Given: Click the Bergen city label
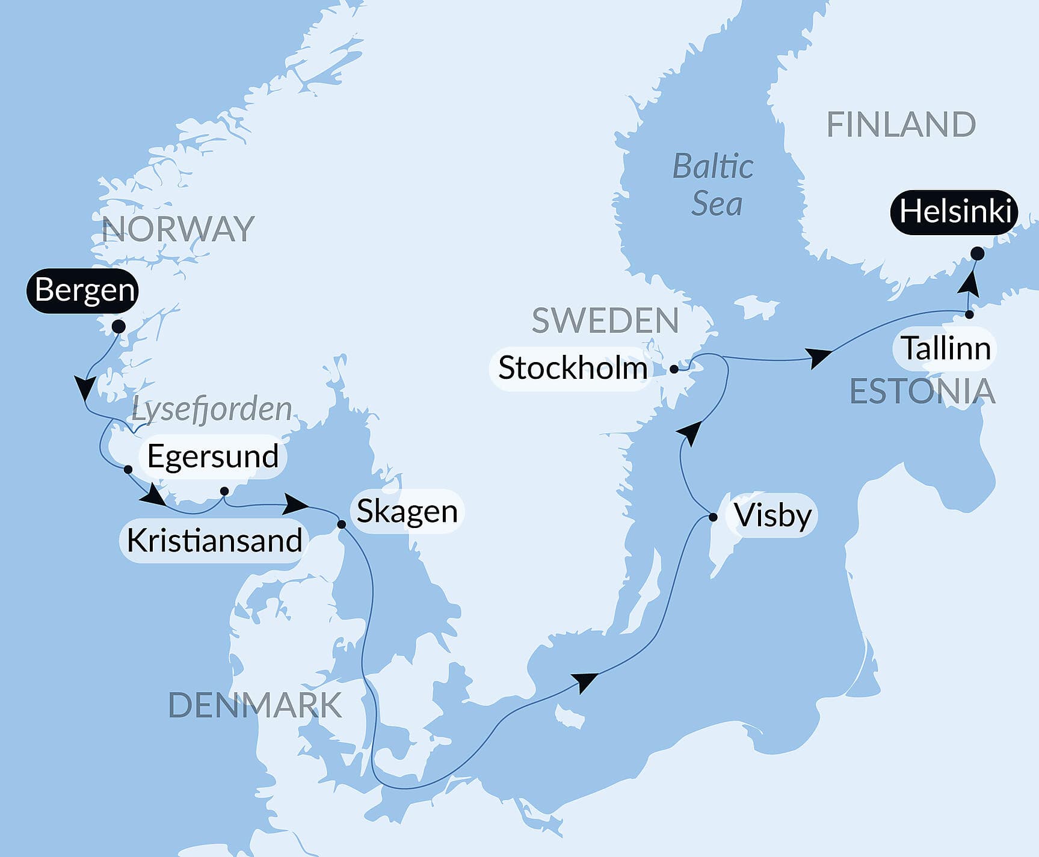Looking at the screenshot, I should coord(83,290).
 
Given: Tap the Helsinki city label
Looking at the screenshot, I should coord(954,212).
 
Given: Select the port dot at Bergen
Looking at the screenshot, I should coord(119,327).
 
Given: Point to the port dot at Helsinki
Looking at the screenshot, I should coord(978,253).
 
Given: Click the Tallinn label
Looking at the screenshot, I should coord(945,349).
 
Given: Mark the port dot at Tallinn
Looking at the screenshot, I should coord(969,315).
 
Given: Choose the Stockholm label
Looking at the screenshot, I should coord(572,368).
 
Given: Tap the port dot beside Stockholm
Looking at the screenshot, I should coord(674,369).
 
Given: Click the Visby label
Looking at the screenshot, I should coord(772,516).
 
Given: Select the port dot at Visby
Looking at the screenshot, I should coord(713,517).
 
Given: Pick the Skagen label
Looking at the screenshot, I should coord(407,511).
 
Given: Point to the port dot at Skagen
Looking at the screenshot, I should coord(341,524).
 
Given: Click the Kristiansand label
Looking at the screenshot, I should coord(214,541).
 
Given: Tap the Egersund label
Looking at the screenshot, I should coord(212,456).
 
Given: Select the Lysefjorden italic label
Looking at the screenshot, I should coord(211,410).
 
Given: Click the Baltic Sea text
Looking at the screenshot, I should coord(714,185).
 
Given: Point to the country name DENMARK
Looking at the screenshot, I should coord(254,705).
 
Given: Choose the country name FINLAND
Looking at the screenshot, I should coord(901,125).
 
